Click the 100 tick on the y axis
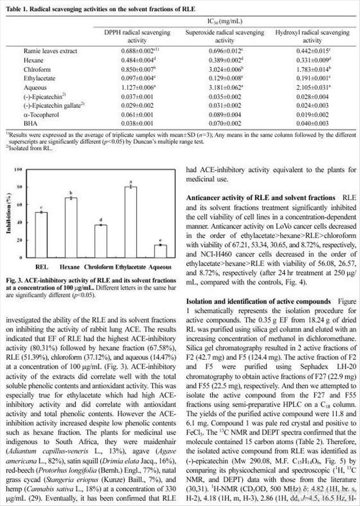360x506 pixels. click(x=21, y=169)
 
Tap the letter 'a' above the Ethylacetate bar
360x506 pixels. click(x=130, y=181)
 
